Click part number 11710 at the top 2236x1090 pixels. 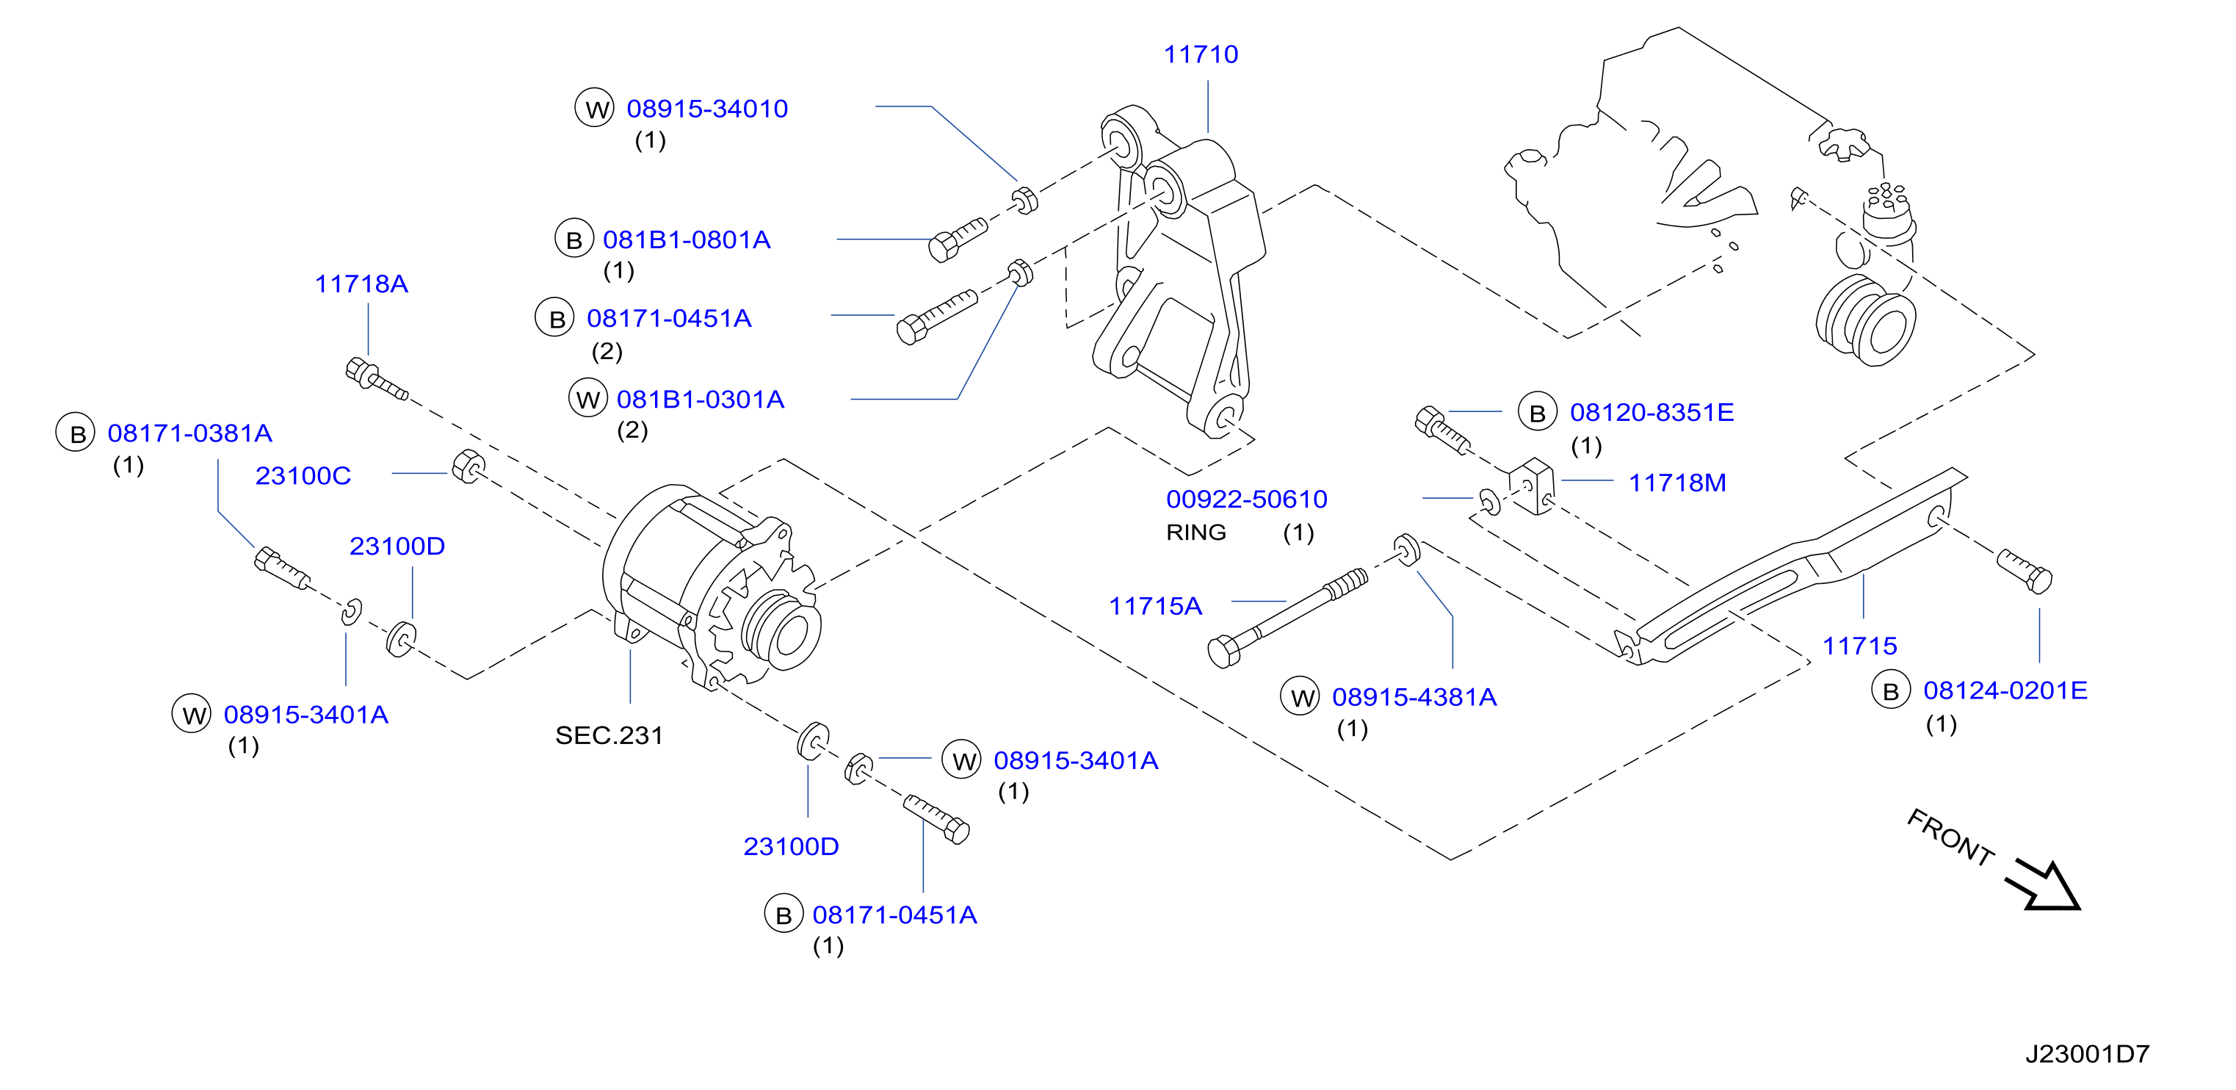(x=1201, y=54)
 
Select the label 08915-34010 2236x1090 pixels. (x=707, y=109)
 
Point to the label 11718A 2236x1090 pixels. (x=361, y=284)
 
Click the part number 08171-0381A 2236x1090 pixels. (x=190, y=433)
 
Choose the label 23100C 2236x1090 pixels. (x=303, y=476)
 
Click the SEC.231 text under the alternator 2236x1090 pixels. (x=609, y=736)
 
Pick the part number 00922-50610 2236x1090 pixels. (x=1246, y=499)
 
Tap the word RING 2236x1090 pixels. (x=1196, y=533)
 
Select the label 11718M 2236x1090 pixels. (x=1677, y=483)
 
